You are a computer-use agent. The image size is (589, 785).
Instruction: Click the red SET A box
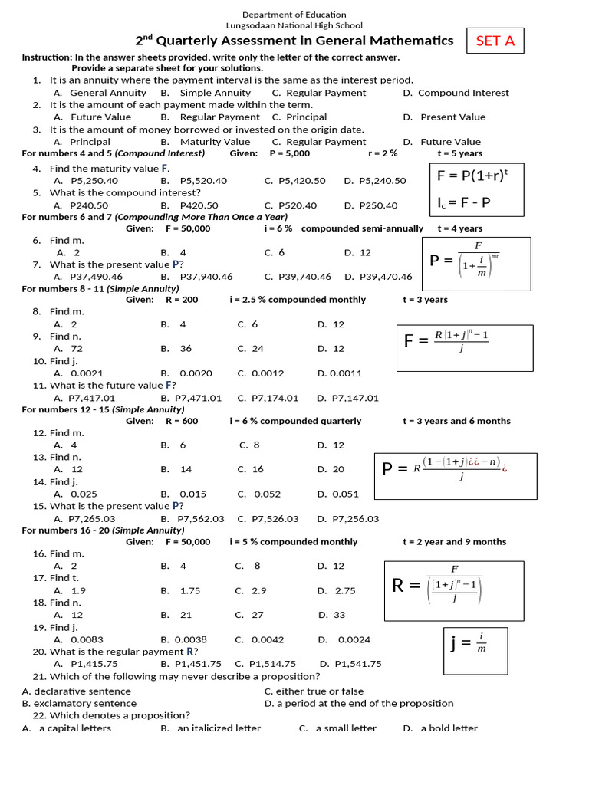(x=495, y=41)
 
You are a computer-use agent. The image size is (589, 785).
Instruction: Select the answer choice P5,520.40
(x=203, y=181)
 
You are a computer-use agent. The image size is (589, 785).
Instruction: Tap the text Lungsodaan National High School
(x=294, y=25)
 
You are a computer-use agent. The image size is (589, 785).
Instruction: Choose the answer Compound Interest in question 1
(x=462, y=93)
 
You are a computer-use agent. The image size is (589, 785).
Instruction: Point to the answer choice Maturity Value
(x=215, y=142)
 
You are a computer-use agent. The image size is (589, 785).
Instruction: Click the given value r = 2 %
(x=383, y=153)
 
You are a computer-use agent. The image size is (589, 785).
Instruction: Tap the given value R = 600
(x=181, y=421)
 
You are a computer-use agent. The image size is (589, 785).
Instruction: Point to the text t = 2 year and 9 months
(x=454, y=541)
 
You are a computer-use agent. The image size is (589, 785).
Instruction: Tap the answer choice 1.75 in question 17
(x=189, y=591)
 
